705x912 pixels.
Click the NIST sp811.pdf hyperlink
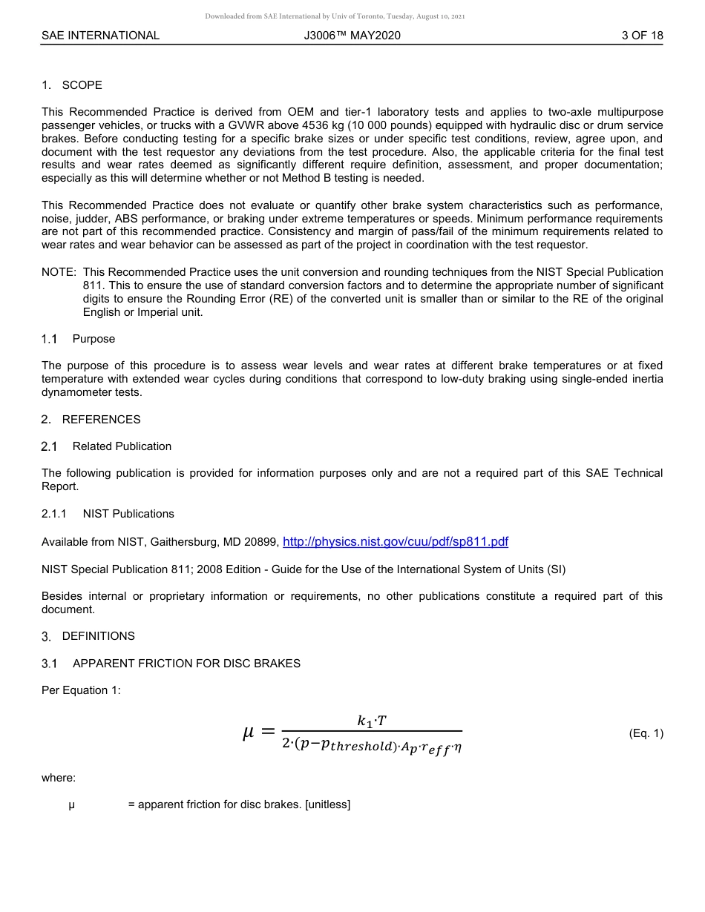pos(396,542)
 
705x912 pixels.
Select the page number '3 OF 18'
pos(642,36)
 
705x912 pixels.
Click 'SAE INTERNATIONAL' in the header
pos(100,36)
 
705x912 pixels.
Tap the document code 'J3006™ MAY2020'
pos(352,36)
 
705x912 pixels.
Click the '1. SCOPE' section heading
pos(72,85)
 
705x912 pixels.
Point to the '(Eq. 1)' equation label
pos(646,734)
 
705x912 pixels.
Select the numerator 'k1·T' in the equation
pos(371,721)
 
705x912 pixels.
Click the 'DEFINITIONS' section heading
pos(98,636)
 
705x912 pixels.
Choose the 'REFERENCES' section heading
pos(101,420)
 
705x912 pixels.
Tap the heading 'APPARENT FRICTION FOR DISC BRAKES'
pos(186,664)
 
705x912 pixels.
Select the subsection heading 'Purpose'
pos(94,339)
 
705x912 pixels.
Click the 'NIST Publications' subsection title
pos(128,514)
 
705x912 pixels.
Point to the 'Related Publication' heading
pos(122,446)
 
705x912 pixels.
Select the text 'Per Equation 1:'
pos(81,690)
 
